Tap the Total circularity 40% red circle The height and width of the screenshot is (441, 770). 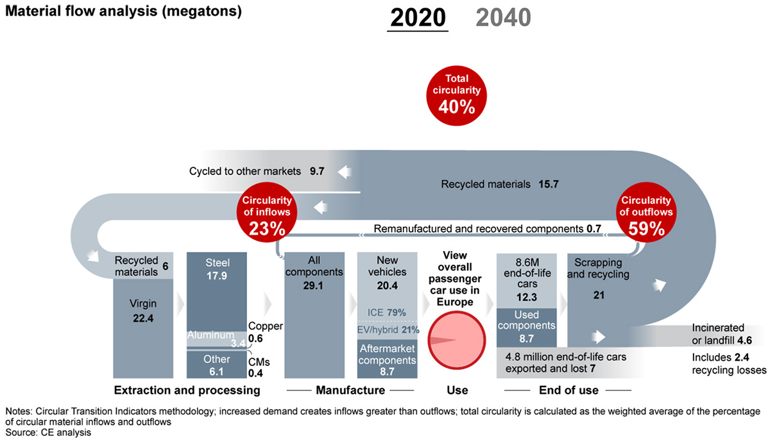pos(456,94)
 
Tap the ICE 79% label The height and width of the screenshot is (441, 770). pos(388,312)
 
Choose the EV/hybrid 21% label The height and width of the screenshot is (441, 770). pos(388,330)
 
